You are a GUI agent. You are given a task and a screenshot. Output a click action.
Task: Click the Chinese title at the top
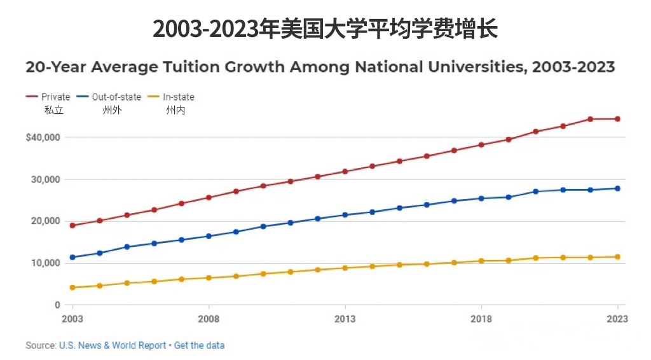[x=325, y=28]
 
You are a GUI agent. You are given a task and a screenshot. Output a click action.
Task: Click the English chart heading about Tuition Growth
[x=320, y=67]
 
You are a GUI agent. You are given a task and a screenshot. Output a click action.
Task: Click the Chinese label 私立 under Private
[x=53, y=110]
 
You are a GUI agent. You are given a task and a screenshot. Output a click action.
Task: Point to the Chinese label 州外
[x=112, y=110]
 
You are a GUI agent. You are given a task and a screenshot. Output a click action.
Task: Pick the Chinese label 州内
[x=175, y=110]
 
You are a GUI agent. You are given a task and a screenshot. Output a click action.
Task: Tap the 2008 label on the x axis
[x=209, y=319]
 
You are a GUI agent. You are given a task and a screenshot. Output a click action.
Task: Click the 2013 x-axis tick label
[x=345, y=319]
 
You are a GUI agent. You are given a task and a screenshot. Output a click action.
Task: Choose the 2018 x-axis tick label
[x=481, y=319]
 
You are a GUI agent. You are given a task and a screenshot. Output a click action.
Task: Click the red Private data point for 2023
[x=617, y=119]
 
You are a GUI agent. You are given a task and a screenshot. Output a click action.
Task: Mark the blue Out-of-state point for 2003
[x=72, y=258]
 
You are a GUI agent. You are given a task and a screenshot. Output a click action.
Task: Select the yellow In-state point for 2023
[x=617, y=257]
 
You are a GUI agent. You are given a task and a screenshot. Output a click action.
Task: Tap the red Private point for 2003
[x=72, y=225]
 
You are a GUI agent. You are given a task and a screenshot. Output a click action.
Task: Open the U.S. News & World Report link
[x=113, y=345]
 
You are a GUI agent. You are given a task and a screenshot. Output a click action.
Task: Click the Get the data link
[x=199, y=345]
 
